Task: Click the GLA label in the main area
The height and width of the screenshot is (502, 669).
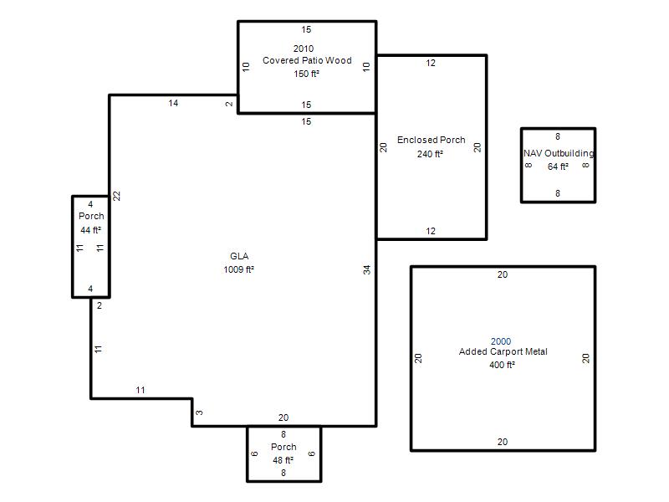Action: point(239,256)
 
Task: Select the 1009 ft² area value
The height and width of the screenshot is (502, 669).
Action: point(239,269)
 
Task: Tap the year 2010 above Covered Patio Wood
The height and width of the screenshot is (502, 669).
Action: point(304,49)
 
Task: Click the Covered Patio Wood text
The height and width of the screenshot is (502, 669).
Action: point(307,60)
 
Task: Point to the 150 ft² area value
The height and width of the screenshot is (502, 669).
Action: point(306,74)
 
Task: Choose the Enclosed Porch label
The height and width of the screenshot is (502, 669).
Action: point(432,140)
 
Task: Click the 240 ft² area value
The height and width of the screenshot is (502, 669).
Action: point(430,154)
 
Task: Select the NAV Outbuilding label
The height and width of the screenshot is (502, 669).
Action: point(559,153)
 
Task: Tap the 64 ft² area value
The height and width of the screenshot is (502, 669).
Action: point(558,166)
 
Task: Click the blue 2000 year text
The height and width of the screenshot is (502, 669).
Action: point(501,341)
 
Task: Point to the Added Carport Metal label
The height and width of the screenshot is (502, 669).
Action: point(503,351)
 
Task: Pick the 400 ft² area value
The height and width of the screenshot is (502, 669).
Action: point(503,365)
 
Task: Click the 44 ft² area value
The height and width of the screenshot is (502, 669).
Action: point(91,230)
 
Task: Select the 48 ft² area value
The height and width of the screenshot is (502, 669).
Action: point(283,460)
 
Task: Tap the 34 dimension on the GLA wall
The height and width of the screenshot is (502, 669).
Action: point(367,269)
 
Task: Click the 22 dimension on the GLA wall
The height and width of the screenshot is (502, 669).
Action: point(117,196)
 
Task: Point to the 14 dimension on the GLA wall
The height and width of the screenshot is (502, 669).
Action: point(173,103)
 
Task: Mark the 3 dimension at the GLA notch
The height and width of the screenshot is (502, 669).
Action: point(199,412)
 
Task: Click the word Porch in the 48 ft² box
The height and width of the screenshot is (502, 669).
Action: point(283,447)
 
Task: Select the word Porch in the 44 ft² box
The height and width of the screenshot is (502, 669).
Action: point(91,216)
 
